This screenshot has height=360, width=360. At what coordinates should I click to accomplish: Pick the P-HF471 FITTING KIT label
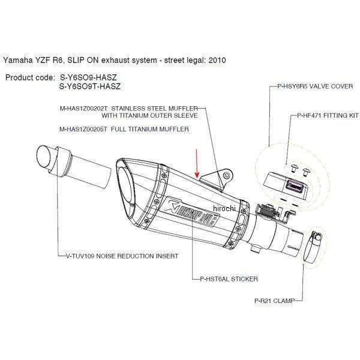tap(324, 113)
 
